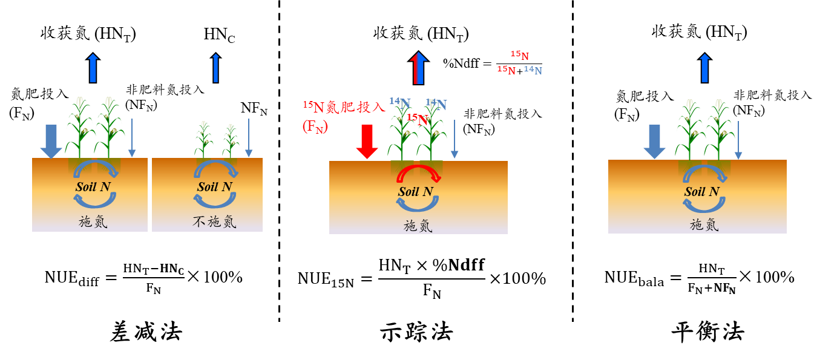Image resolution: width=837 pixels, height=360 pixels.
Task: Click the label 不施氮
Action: pyautogui.click(x=214, y=222)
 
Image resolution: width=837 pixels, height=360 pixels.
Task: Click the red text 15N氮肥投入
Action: pyautogui.click(x=344, y=107)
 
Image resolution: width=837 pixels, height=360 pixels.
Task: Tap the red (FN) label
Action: pyautogui.click(x=315, y=127)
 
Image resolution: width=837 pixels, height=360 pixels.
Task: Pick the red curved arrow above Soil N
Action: pyautogui.click(x=418, y=173)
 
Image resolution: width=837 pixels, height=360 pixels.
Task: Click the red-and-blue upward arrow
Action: pyautogui.click(x=418, y=68)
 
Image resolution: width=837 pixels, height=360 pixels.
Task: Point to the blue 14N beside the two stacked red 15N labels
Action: pyautogui.click(x=533, y=70)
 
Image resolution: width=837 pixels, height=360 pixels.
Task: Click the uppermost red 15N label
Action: pyautogui.click(x=519, y=56)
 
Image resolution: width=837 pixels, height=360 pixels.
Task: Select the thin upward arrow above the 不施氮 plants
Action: pyautogui.click(x=215, y=68)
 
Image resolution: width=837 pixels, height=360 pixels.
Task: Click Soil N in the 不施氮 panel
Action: pyautogui.click(x=214, y=186)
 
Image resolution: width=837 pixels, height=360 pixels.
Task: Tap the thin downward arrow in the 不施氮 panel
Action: pyautogui.click(x=248, y=138)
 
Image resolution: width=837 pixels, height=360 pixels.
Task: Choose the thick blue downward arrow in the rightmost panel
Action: pyautogui.click(x=654, y=142)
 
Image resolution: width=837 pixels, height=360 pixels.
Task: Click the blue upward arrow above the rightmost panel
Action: pyautogui.click(x=704, y=68)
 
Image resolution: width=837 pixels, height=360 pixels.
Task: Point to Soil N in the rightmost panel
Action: pyautogui.click(x=701, y=192)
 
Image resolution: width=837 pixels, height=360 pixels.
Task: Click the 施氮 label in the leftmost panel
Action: pyautogui.click(x=93, y=221)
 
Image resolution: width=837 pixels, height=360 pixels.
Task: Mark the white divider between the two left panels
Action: pyautogui.click(x=149, y=195)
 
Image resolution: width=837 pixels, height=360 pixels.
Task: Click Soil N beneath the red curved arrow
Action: pyautogui.click(x=415, y=192)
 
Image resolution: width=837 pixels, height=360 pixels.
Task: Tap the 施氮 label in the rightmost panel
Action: pyautogui.click(x=704, y=225)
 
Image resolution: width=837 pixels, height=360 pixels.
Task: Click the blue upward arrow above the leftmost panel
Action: pyautogui.click(x=93, y=68)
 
